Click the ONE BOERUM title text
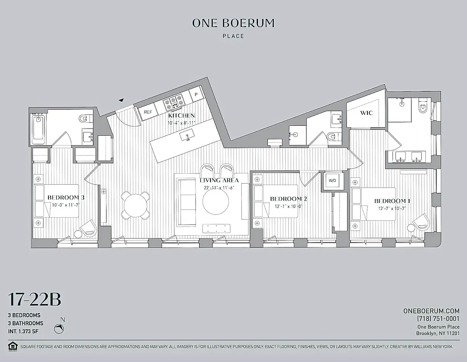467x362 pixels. point(233,23)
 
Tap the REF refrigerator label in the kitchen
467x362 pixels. point(148,112)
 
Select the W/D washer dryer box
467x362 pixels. point(333,181)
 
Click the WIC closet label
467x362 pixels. point(367,113)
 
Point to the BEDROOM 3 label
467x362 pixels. point(66,198)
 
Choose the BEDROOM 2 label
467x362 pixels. point(289,199)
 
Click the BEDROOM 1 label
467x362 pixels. point(392,201)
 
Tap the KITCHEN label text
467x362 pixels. point(181,116)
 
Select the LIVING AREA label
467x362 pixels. point(219,180)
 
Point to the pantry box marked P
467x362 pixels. point(196,94)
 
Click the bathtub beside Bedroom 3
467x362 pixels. point(38,129)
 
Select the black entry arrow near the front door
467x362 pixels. point(121,100)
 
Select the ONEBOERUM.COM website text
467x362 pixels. point(431,311)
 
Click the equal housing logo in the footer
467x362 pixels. point(12,346)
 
